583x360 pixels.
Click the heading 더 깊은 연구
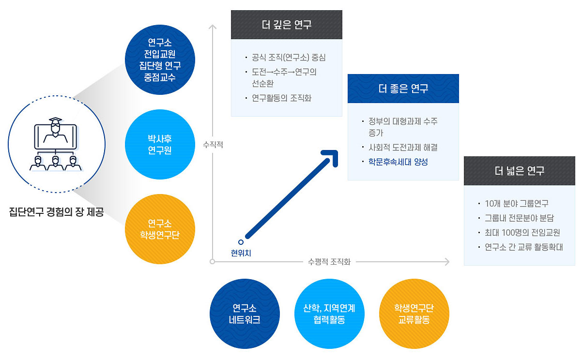(x=286, y=25)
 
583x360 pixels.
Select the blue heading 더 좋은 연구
(x=403, y=89)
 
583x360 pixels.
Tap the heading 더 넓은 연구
(x=519, y=171)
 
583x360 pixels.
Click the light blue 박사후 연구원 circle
(x=160, y=145)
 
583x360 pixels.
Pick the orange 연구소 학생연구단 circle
(x=160, y=229)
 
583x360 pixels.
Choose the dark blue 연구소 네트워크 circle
(x=245, y=314)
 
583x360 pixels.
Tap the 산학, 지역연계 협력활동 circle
(x=329, y=314)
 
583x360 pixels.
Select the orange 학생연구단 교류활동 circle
(x=414, y=314)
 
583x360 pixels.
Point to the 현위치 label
(x=241, y=252)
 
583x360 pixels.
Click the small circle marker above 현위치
(x=241, y=242)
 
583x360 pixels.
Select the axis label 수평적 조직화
(x=329, y=262)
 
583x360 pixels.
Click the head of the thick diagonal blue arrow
(x=332, y=156)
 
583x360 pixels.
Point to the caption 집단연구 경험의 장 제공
(x=56, y=212)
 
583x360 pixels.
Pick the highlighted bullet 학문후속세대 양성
(x=398, y=162)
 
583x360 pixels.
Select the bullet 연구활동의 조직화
(x=281, y=98)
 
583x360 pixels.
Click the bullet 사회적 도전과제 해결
(x=403, y=147)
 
